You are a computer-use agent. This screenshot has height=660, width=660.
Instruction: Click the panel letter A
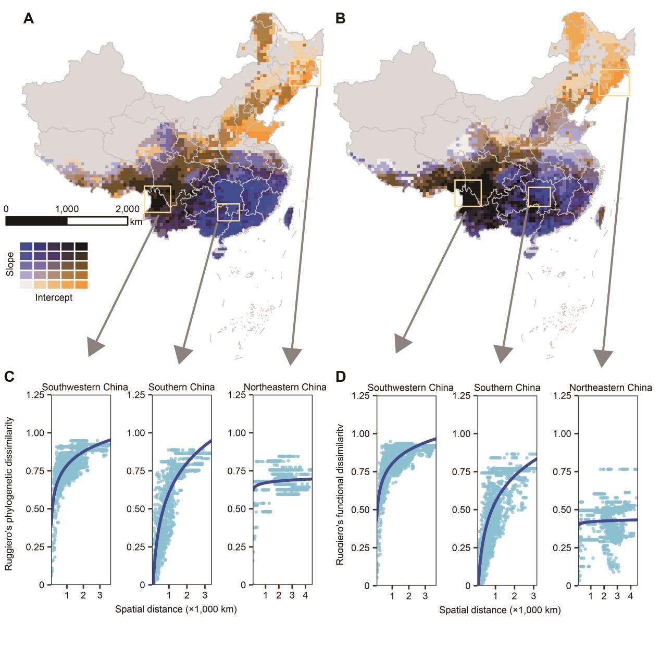coord(29,19)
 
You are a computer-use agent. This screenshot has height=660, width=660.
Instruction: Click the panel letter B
coord(340,19)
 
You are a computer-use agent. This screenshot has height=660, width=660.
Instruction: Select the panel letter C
coord(9,376)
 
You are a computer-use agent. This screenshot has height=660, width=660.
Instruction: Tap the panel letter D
coord(341,376)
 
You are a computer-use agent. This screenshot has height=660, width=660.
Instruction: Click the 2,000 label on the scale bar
coord(127,209)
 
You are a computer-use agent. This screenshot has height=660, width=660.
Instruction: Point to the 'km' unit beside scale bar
coord(136,221)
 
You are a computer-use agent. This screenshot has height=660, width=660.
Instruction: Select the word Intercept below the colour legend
coord(54,298)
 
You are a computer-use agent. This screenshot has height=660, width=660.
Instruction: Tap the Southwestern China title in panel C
coord(85,387)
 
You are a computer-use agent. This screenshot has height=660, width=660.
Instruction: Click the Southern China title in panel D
coord(507,388)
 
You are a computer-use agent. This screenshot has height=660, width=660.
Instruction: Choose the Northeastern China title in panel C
coord(285,387)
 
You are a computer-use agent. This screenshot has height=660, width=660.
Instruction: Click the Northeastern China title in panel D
coord(611,388)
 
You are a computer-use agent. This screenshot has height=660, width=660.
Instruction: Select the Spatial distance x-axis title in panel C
coord(176,609)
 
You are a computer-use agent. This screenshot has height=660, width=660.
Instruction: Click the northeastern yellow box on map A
coord(306,72)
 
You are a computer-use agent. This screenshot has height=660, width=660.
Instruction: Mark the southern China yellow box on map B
coord(539,196)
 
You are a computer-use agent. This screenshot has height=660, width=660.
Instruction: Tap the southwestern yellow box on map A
coord(157,199)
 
